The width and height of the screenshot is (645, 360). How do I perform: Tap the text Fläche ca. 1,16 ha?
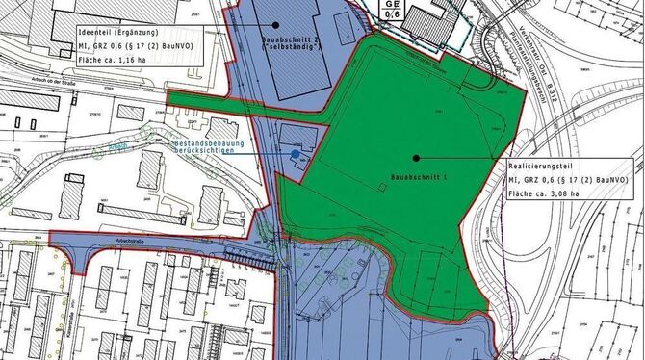coord(110,60)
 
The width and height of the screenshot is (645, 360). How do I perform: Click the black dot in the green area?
coord(416,156)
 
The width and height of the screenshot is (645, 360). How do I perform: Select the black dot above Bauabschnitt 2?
coord(274,24)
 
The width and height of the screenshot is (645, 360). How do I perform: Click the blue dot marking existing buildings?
coord(295,153)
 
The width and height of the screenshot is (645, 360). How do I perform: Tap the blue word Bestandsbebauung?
coord(209,141)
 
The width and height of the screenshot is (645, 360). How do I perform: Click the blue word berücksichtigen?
coord(206,150)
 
